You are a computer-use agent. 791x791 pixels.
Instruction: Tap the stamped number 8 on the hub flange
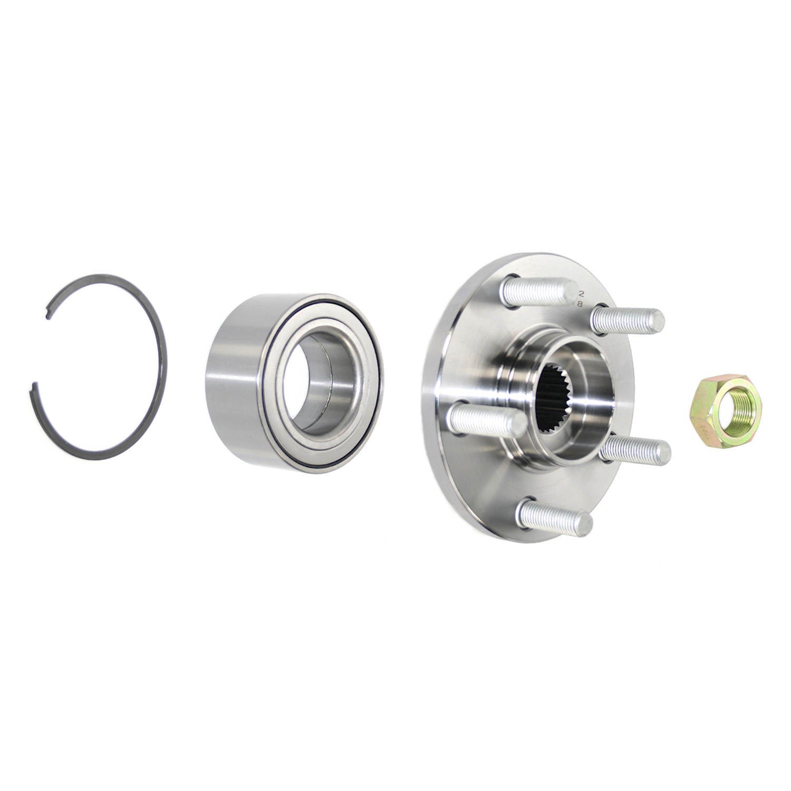click(x=581, y=304)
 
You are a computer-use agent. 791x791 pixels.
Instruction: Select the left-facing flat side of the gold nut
click(x=696, y=411)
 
